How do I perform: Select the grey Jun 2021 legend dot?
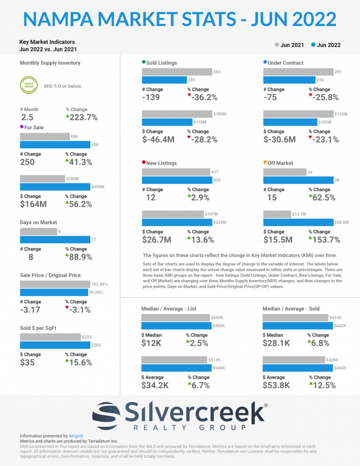coord(277,45)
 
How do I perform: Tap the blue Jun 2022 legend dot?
coord(313,45)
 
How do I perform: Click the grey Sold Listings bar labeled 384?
coord(177,72)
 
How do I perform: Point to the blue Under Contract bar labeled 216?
coord(289,80)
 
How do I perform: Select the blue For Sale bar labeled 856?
coord(55,145)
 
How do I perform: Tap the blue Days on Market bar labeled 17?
coord(55,240)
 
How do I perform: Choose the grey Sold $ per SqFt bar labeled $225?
coord(50,337)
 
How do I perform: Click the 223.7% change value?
coord(84,118)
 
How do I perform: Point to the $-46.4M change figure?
coord(158,140)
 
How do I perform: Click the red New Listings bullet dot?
coord(144,162)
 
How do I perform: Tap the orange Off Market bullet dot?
coord(265,162)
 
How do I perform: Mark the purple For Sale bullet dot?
coord(22,128)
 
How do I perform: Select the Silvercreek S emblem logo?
coord(106,414)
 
